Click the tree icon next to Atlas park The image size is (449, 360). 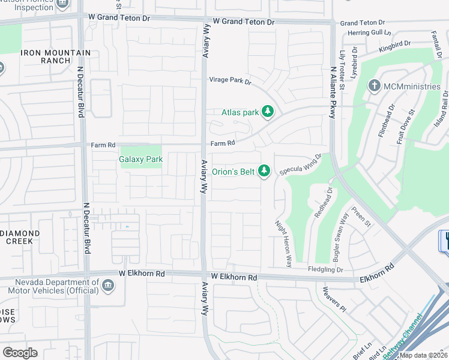tap(268, 112)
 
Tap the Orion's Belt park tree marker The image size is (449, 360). tap(264, 172)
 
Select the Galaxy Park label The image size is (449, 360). tap(141, 160)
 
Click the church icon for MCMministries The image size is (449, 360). tap(374, 86)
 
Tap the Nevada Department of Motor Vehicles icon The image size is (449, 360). tap(108, 285)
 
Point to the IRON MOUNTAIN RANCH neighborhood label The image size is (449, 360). tap(55, 57)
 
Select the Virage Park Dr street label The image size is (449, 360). tap(230, 80)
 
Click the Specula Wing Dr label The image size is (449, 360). tap(300, 164)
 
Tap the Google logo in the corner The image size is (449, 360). tap(20, 352)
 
